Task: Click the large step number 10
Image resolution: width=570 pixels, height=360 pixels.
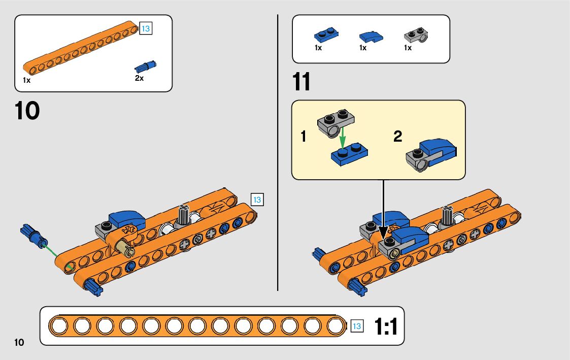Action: tap(27, 111)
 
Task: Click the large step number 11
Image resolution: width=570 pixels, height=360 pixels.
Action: tap(301, 82)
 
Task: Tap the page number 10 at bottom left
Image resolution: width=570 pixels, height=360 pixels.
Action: tap(19, 342)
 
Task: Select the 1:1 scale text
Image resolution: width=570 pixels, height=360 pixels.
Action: tap(385, 326)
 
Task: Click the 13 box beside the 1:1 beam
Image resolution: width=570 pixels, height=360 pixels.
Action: tap(357, 326)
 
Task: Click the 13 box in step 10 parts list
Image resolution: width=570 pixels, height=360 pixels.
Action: tap(146, 28)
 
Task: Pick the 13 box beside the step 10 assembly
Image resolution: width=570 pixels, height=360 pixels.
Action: tap(257, 200)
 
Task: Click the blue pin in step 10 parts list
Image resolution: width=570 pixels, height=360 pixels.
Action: tap(145, 67)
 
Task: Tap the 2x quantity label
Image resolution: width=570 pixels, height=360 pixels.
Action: tap(139, 78)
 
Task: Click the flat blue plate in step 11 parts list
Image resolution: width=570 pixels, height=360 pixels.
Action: tap(326, 36)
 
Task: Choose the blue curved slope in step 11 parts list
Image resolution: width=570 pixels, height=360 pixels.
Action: tap(371, 37)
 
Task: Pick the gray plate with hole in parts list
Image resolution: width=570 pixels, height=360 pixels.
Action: tap(417, 35)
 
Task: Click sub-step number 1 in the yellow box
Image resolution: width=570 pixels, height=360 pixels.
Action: tap(304, 136)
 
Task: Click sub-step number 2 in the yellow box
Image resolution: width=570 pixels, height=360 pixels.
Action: tap(397, 136)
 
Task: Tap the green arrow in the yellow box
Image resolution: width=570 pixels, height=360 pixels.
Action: tap(343, 138)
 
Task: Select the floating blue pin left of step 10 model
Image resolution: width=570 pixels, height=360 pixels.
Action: tap(33, 236)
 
